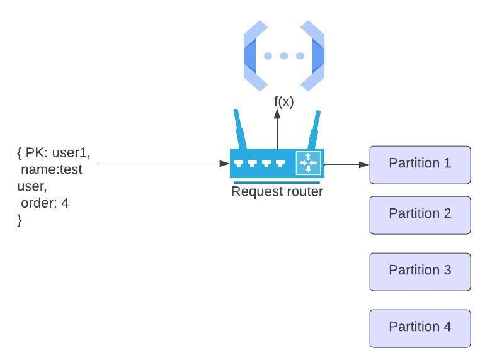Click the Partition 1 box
pos(419,165)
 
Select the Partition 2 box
pos(419,215)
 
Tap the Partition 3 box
pos(419,272)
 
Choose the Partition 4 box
pos(419,329)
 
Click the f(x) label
pos(283,101)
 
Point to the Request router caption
pos(277,191)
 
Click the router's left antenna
pos(239,128)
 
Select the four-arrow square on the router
pos(308,163)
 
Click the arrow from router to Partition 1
pos(346,164)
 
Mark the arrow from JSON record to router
pos(164,164)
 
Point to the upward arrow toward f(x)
pos(277,129)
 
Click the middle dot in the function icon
pos(283,56)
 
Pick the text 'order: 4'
pos(45,203)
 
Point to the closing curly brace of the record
pos(20,220)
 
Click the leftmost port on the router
pos(239,164)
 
